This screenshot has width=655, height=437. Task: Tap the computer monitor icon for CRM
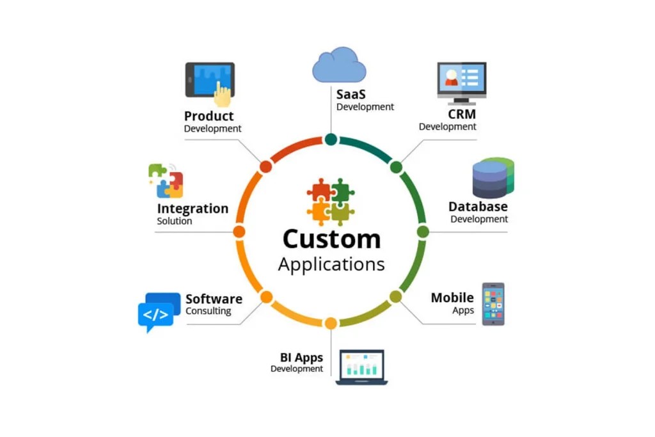point(461,83)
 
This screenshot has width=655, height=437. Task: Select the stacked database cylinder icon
point(493,177)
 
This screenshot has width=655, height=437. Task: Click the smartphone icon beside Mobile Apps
point(493,304)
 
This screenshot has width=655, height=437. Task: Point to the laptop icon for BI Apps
point(361,367)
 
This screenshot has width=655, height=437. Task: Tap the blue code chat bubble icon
point(158,312)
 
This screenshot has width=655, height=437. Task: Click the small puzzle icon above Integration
point(166,180)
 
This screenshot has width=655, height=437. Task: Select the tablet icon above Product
point(210,82)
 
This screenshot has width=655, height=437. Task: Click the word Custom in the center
point(331,239)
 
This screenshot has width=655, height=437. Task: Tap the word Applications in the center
point(331,264)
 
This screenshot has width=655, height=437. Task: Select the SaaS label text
point(351,94)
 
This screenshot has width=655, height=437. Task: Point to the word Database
point(478,207)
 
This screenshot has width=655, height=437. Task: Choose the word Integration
point(193,209)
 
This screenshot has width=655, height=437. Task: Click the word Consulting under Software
point(208,312)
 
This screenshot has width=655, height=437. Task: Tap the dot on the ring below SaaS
point(331,139)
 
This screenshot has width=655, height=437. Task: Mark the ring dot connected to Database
point(423,232)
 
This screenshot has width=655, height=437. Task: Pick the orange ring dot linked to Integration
point(239,232)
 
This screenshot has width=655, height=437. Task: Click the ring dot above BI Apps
point(331,323)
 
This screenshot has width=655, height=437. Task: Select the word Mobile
point(452,298)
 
